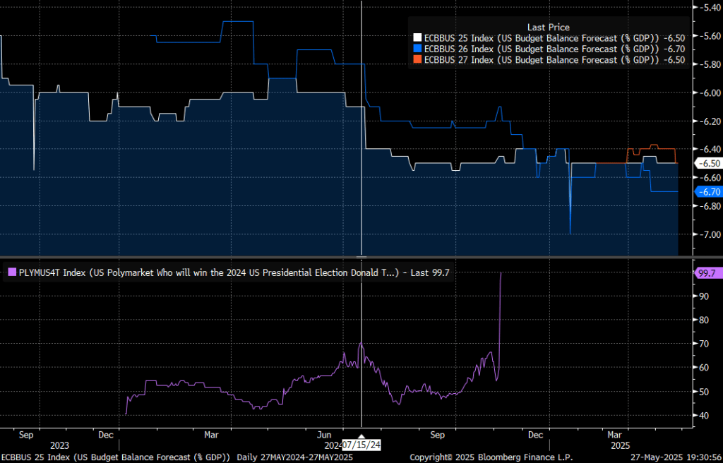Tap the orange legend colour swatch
click(x=417, y=60)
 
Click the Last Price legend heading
click(x=548, y=27)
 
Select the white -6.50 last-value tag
click(x=708, y=163)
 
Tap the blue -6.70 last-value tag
click(x=708, y=191)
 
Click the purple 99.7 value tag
click(x=707, y=272)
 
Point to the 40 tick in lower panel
click(x=702, y=415)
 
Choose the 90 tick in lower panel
click(x=702, y=296)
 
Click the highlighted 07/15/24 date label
click(x=361, y=445)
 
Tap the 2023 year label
click(x=59, y=445)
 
